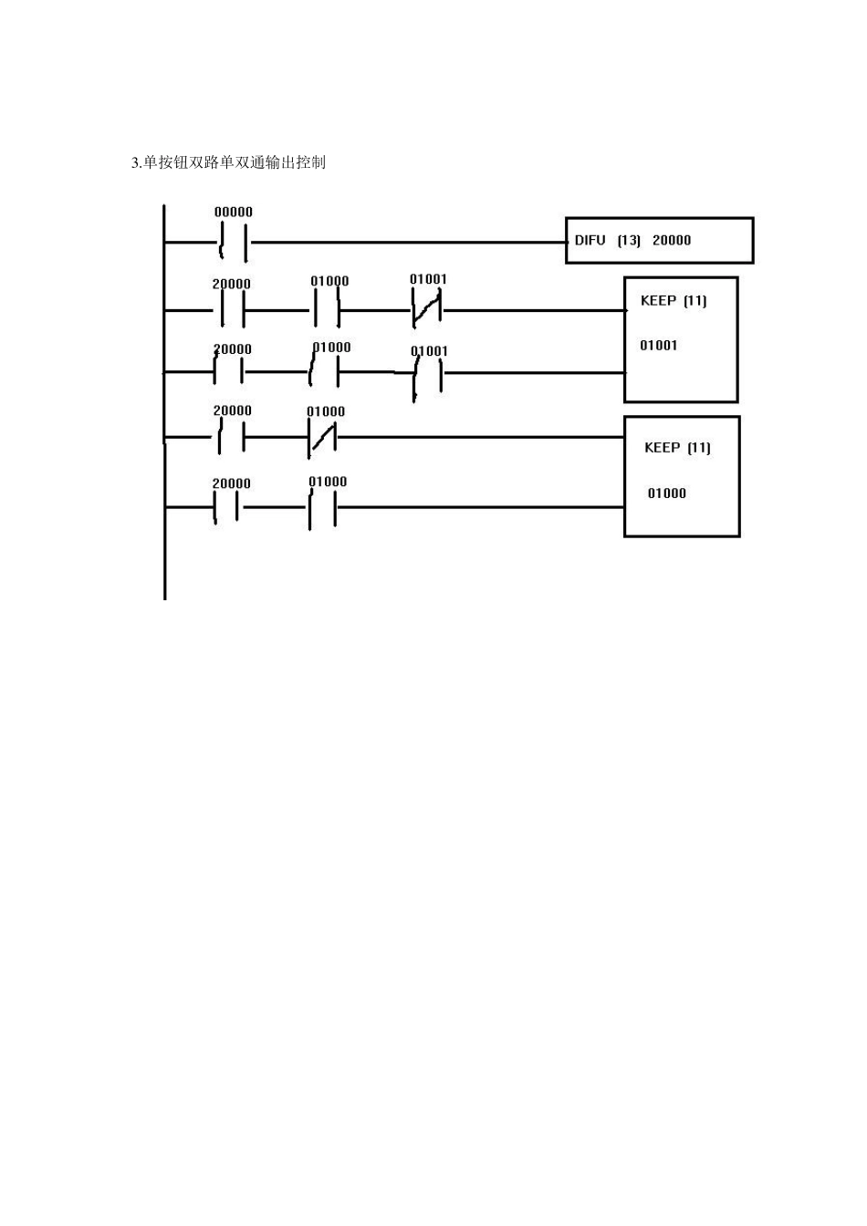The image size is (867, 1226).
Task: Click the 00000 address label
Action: pos(234,212)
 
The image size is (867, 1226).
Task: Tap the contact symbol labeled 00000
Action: pos(234,242)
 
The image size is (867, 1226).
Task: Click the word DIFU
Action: pos(590,240)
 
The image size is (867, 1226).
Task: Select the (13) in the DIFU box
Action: pos(629,240)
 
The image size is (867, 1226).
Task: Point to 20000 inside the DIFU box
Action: pos(672,240)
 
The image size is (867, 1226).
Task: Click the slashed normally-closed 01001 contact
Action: pos(427,310)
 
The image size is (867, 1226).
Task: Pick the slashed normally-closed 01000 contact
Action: pos(322,437)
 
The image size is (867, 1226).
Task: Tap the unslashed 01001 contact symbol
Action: pos(428,374)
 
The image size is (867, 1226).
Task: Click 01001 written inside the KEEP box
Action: pos(659,346)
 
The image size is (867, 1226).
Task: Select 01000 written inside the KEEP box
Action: pos(666,494)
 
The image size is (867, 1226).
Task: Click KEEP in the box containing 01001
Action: pos(658,300)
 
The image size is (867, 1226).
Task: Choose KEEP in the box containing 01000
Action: pos(663,448)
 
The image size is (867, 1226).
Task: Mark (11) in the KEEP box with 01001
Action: pos(695,300)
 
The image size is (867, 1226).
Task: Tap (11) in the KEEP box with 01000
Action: pos(699,448)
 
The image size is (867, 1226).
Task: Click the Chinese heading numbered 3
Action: pos(228,162)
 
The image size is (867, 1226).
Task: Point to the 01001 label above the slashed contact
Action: pos(428,279)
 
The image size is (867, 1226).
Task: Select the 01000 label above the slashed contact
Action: pos(326,411)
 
